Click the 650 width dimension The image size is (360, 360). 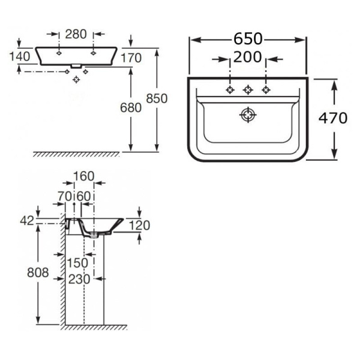point(248,39)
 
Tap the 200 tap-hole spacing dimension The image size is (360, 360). point(248,59)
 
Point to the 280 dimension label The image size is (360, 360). point(76,34)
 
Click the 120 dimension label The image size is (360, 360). point(140,225)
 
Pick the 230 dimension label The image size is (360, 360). point(80,279)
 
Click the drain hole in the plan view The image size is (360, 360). point(248,115)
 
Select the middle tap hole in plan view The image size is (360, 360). point(247,90)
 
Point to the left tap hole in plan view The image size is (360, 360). point(229,90)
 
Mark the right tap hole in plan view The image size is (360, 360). point(265,90)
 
